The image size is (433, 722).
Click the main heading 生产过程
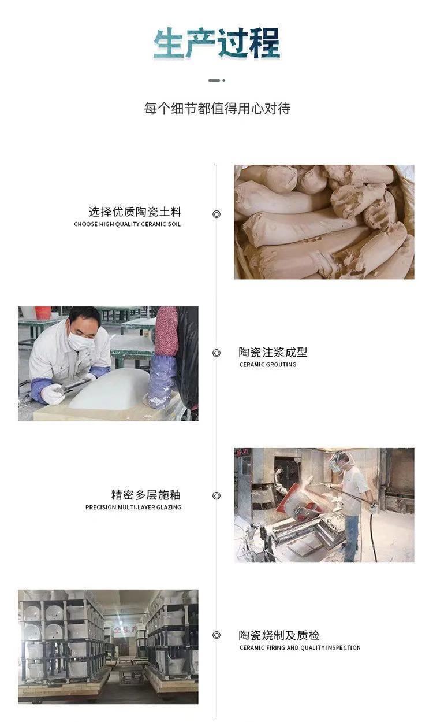tap(216, 43)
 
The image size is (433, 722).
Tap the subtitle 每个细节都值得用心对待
tap(217, 108)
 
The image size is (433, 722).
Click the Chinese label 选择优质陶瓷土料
tap(135, 212)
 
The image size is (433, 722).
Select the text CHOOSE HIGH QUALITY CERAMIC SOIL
tap(127, 224)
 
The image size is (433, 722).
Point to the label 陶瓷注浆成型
tap(273, 352)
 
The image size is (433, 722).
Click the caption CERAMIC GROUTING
tap(268, 365)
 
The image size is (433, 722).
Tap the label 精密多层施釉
tap(146, 495)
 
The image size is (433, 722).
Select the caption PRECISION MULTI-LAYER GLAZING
tap(133, 508)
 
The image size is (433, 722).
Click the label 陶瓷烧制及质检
tap(279, 635)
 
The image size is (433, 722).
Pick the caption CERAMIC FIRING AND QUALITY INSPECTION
tap(300, 647)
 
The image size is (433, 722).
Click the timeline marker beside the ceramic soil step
tap(216, 214)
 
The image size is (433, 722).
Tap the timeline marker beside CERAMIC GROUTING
tap(216, 353)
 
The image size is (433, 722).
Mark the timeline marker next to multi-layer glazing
tap(216, 496)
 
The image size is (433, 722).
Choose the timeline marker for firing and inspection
tap(216, 635)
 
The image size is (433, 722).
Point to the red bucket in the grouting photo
tap(43, 313)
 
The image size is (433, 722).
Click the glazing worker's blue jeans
tap(351, 538)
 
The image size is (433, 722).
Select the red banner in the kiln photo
tap(125, 629)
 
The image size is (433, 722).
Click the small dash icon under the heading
tap(216, 80)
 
